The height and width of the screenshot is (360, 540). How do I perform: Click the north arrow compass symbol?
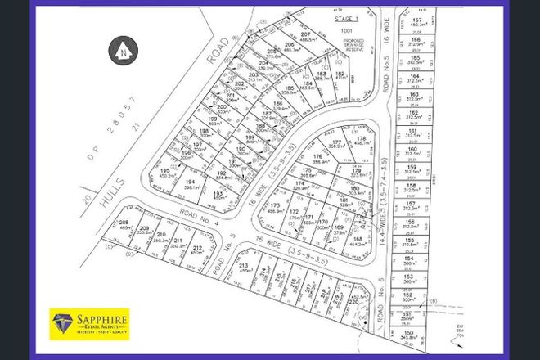122,51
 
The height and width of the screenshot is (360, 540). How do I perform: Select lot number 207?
282,35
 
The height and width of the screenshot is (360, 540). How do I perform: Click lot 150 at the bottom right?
419,335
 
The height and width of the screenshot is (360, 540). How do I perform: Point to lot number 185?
288,90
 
